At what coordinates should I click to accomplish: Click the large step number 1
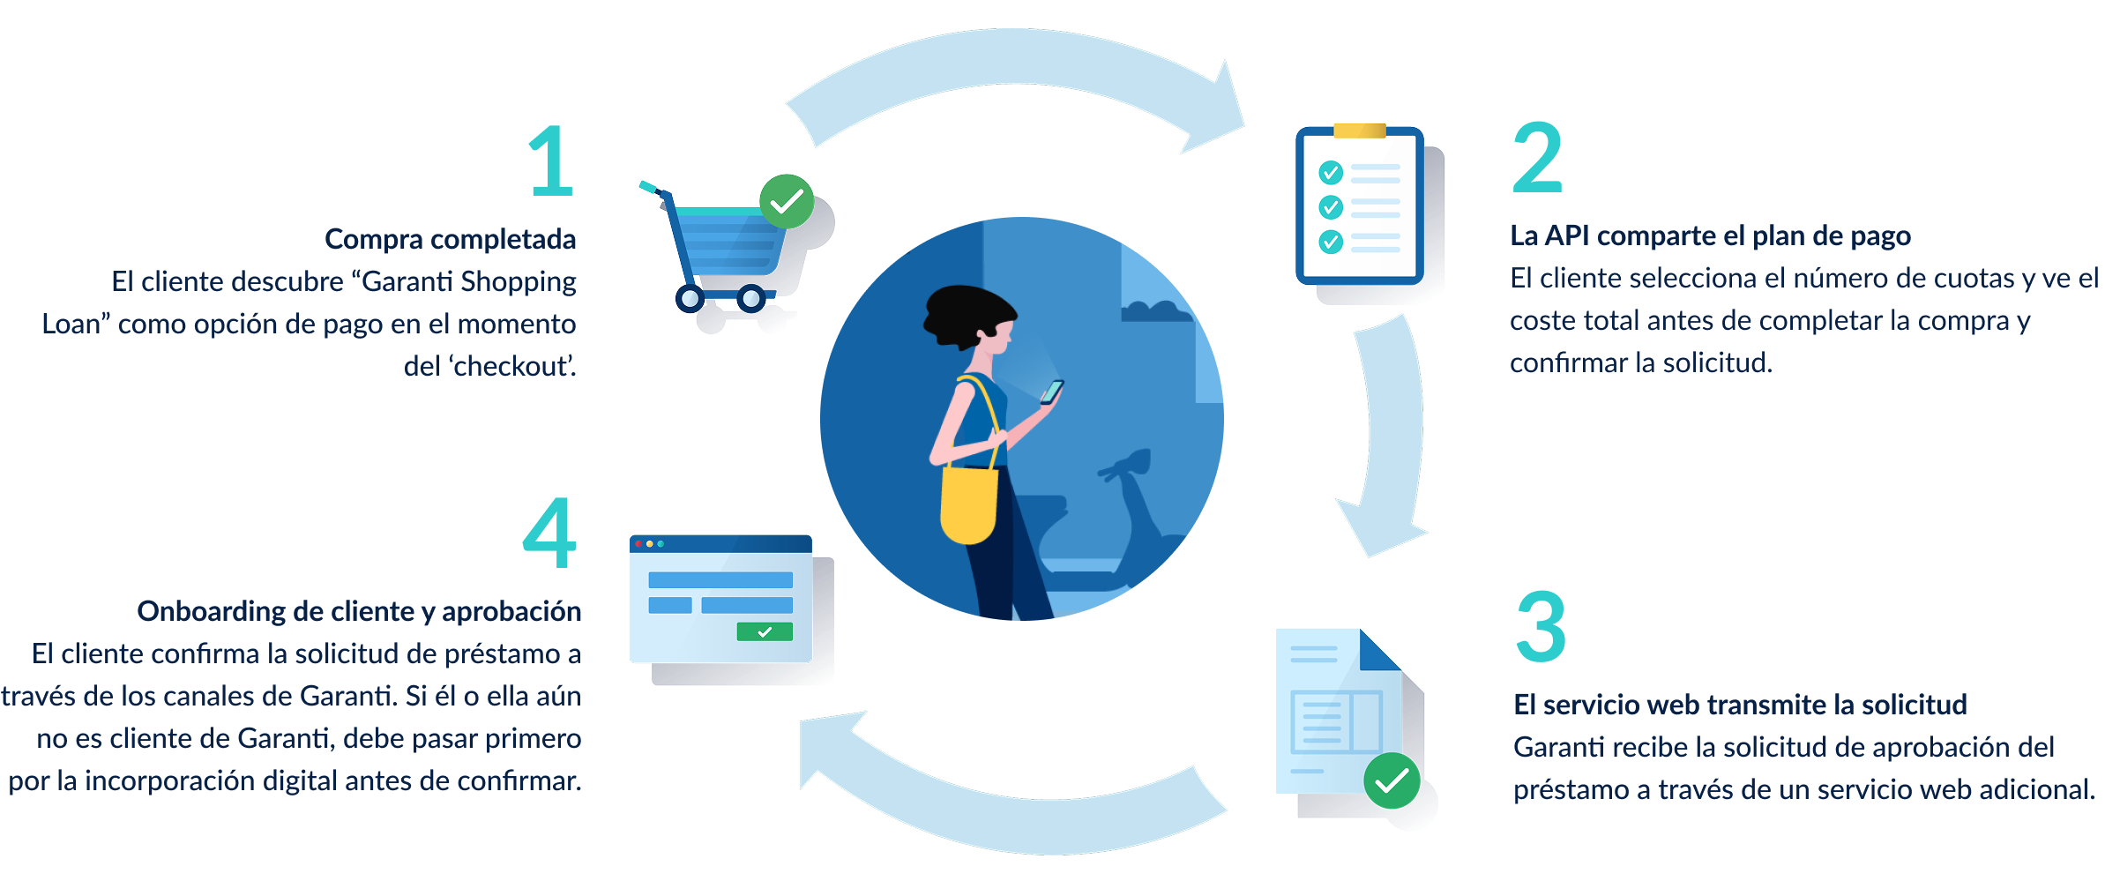[551, 161]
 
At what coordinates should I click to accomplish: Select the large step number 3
[1541, 626]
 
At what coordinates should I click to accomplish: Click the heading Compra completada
[450, 239]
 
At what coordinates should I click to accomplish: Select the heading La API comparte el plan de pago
[1710, 235]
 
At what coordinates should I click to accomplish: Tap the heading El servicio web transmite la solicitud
[1740, 705]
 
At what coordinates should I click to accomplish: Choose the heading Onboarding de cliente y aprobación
[359, 611]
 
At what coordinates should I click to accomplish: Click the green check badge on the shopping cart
[787, 201]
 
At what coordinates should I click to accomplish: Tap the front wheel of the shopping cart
[751, 298]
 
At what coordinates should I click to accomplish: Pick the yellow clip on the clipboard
[1360, 131]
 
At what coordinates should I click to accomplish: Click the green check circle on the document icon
[1392, 780]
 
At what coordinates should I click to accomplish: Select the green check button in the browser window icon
[765, 631]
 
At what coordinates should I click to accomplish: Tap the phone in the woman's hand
[1052, 392]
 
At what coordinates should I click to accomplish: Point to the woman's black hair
[968, 314]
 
